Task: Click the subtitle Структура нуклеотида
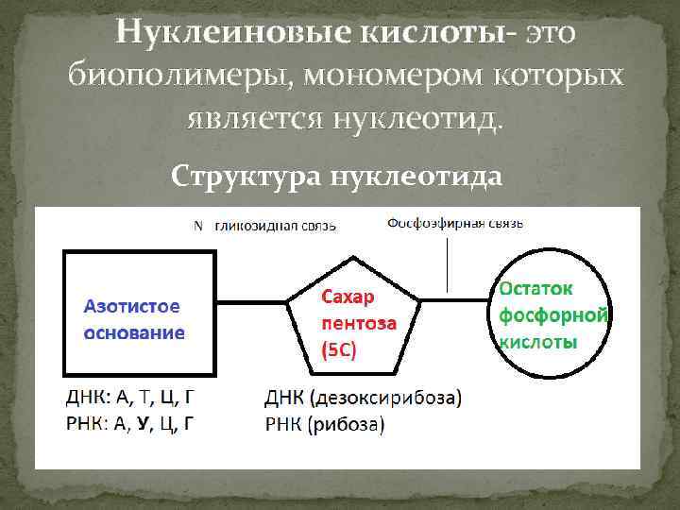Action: coord(338,176)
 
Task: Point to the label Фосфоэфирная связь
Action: coord(455,224)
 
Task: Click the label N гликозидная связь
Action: coord(264,226)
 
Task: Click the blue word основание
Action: coord(134,332)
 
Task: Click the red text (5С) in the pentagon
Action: coord(340,349)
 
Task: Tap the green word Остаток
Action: coord(535,286)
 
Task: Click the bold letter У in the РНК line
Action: coord(143,424)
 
